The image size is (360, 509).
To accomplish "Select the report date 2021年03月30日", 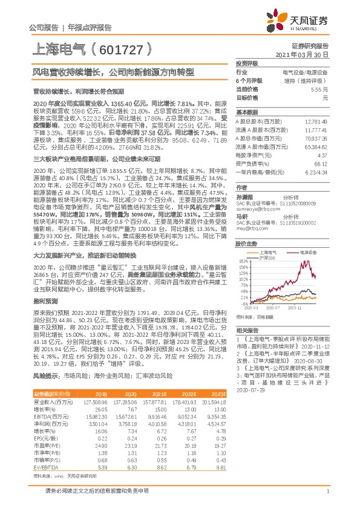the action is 306,54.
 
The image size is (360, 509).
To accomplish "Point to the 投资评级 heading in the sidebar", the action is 246,63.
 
